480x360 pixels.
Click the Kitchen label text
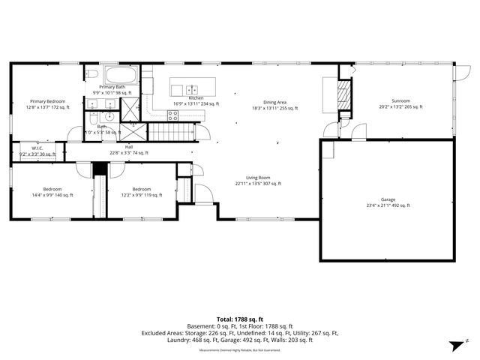[x=196, y=98]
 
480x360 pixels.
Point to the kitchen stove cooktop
[x=173, y=115]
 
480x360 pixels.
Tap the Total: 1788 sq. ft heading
[x=239, y=318]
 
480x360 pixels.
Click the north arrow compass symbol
[x=454, y=345]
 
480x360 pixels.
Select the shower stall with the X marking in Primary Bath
[x=131, y=111]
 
